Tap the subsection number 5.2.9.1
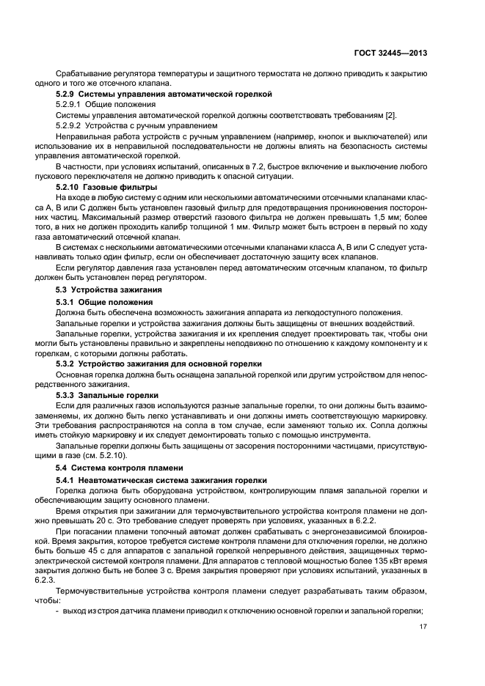coord(73,106)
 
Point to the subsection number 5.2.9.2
coord(73,126)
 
